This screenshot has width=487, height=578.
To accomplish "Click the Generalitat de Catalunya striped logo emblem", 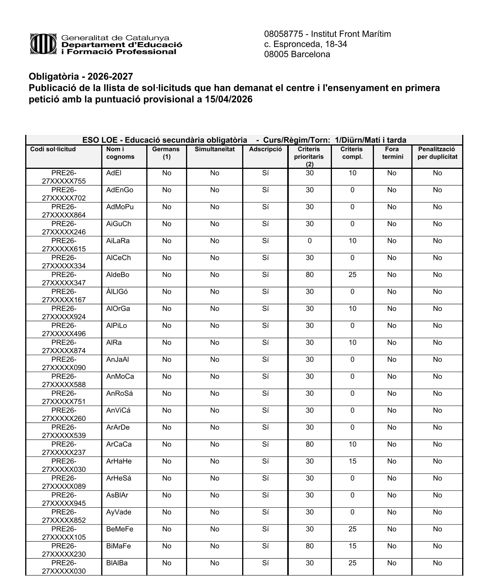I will [44, 44].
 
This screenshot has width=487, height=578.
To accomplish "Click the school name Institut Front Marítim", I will [351, 34].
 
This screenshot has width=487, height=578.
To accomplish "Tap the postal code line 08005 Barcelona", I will [297, 55].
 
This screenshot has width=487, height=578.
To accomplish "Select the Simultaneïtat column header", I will [215, 149].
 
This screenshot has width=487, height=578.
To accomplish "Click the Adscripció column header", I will [265, 149].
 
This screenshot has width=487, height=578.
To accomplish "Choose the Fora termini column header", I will [392, 153].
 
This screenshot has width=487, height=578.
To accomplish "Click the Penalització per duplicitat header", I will [437, 153].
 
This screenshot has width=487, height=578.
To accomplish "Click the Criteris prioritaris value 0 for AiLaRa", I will [310, 241].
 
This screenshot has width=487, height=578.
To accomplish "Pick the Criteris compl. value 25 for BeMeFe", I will [352, 529].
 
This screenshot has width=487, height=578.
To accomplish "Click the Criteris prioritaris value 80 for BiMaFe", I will [310, 546].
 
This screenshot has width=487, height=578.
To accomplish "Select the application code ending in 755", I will [64, 177].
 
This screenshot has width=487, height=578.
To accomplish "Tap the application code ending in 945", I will [64, 499].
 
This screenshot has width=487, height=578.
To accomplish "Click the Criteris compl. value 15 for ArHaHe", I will [352, 461].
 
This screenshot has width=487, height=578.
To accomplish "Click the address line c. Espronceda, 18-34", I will [306, 44].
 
